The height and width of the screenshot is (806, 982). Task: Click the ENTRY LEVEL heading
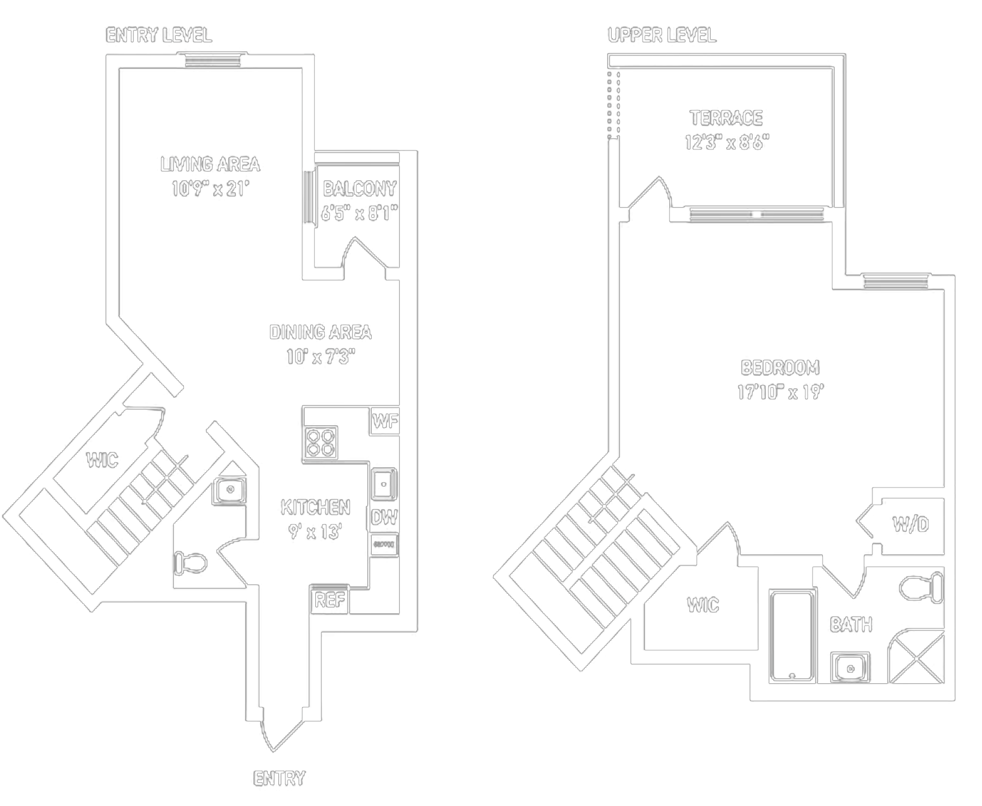tap(158, 35)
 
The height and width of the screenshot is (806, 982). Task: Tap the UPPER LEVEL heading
tap(661, 35)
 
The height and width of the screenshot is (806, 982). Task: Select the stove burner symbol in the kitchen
tap(321, 443)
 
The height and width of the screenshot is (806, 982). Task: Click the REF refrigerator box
tap(329, 600)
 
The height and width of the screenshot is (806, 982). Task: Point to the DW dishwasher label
tap(384, 517)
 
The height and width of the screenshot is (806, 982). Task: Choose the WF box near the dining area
tap(385, 421)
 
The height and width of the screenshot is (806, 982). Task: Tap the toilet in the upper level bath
tap(922, 587)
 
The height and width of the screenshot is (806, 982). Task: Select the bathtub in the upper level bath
tap(792, 635)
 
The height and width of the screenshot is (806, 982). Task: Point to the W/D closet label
tap(910, 525)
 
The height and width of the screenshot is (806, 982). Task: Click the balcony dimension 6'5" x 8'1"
tap(359, 214)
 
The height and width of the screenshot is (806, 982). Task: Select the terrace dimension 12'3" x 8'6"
tap(726, 143)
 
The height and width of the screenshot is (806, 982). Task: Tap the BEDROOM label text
tap(779, 368)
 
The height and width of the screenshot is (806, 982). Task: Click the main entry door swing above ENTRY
tap(280, 732)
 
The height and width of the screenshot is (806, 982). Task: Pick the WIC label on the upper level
tap(702, 605)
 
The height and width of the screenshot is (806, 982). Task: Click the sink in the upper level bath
tap(850, 668)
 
